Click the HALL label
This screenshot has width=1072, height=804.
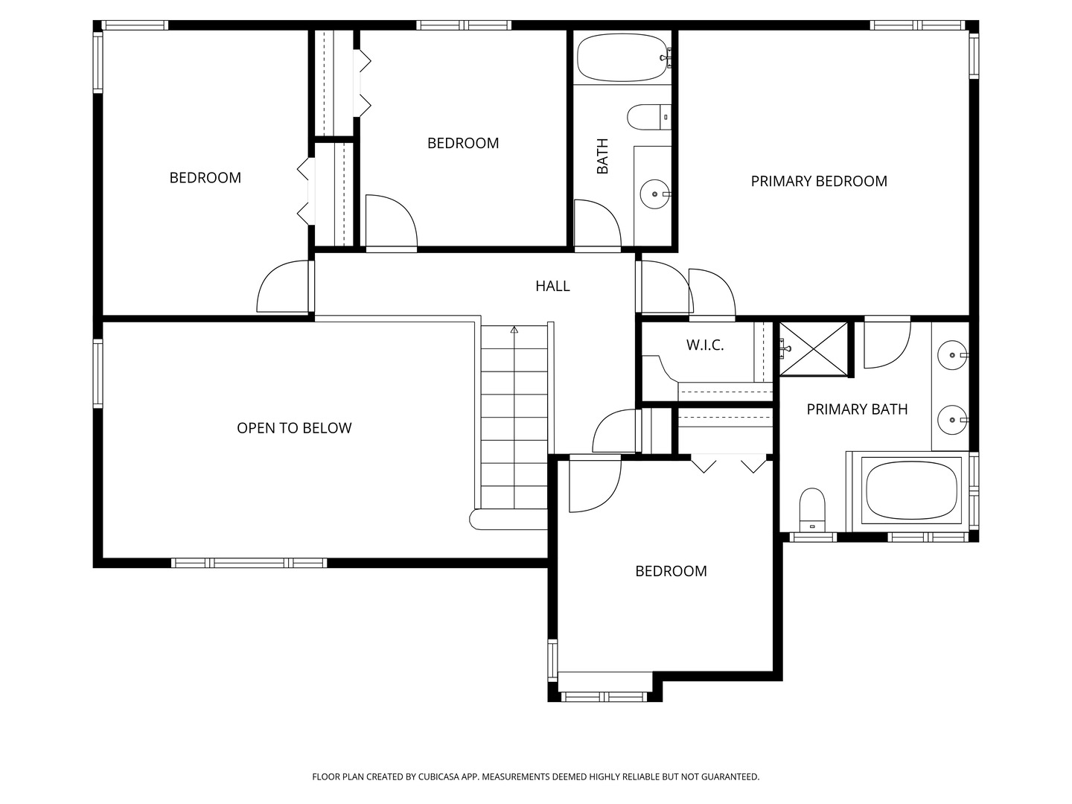552,286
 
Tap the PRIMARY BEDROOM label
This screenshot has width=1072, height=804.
818,181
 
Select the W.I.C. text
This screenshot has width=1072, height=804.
704,345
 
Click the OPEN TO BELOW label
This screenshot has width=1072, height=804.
294,428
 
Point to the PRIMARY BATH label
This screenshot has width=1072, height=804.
857,409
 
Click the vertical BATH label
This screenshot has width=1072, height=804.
602,156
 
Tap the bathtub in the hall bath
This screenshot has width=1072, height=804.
624,58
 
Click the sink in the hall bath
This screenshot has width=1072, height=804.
654,194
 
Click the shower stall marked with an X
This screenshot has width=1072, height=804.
813,349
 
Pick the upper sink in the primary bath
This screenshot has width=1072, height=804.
951,354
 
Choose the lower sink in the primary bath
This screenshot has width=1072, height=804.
951,420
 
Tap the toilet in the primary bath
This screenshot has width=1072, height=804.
811,509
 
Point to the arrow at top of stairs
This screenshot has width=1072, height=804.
514,329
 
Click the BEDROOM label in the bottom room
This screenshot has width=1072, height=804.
671,571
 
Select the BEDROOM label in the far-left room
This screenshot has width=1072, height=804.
205,177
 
